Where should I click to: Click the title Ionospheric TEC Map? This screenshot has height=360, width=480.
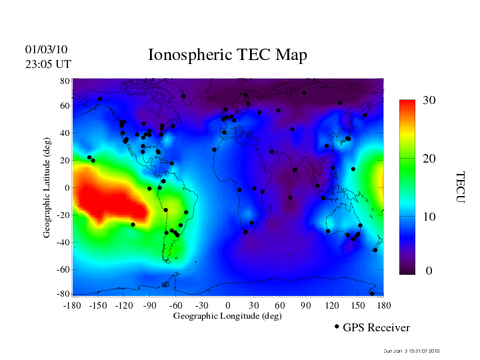[x=227, y=55]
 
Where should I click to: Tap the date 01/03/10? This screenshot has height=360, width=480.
[x=46, y=50]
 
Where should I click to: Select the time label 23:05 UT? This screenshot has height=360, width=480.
[x=48, y=64]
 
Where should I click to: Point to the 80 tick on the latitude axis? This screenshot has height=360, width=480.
[x=65, y=81]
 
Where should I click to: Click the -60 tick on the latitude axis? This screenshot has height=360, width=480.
[x=63, y=270]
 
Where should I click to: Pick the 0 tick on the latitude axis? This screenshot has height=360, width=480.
[x=67, y=188]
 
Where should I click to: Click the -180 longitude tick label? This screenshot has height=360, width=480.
[x=72, y=305]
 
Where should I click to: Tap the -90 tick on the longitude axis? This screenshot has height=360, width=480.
[x=150, y=305]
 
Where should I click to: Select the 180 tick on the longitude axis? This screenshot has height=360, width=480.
[x=383, y=305]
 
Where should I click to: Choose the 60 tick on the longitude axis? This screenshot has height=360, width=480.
[x=280, y=305]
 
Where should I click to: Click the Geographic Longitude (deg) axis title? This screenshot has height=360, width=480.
[x=227, y=316]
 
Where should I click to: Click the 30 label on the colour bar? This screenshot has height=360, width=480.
[x=429, y=101]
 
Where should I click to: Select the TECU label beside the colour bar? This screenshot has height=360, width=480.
[x=461, y=187]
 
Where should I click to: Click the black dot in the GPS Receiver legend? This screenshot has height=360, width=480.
[x=337, y=327]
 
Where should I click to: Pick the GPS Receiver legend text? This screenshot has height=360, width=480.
[x=376, y=328]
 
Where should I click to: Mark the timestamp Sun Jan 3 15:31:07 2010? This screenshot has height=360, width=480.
[x=412, y=351]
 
